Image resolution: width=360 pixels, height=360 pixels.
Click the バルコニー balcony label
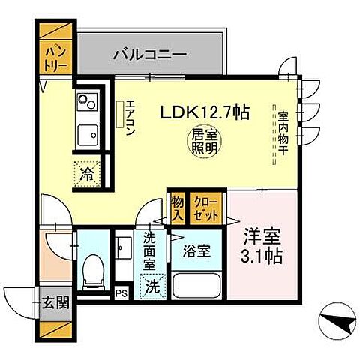coord(150,55)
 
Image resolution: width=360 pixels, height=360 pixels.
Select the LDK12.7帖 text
coord(203,114)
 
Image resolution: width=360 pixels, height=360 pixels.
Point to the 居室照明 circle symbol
coord(203,142)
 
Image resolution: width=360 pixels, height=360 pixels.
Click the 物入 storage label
coord(176,207)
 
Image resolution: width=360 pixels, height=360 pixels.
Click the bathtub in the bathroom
coord(196,286)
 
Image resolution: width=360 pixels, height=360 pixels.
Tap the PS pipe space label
coord(123,291)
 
